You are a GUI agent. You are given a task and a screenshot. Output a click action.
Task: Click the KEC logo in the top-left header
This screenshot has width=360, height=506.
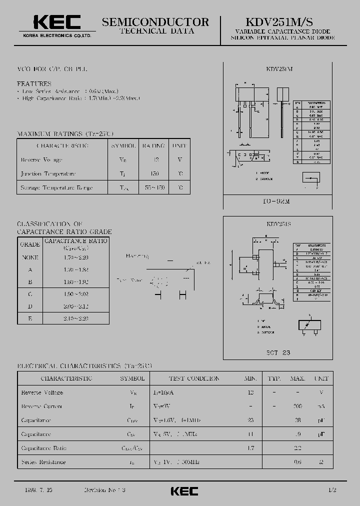point(56,23)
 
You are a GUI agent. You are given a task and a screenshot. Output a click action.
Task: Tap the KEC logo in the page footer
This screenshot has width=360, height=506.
point(184,491)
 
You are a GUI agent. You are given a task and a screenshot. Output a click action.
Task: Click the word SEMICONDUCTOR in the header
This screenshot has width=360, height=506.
point(155,22)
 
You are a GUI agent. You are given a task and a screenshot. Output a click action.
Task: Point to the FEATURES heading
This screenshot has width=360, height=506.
point(34,84)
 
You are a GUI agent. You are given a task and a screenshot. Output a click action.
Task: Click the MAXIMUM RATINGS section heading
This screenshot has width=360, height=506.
point(65,134)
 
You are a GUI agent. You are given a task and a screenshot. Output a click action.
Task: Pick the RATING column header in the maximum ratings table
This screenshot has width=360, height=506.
point(153,145)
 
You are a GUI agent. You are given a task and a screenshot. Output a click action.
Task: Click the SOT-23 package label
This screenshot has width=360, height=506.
point(279,352)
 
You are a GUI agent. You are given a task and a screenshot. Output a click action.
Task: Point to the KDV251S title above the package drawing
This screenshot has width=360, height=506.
point(279,224)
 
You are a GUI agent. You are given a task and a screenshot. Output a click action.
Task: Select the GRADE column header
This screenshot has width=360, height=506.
point(30,244)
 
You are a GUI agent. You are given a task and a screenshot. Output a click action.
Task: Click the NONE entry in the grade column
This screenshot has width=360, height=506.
point(30,257)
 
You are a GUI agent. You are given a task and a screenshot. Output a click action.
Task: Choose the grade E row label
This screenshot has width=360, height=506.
point(30,318)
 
